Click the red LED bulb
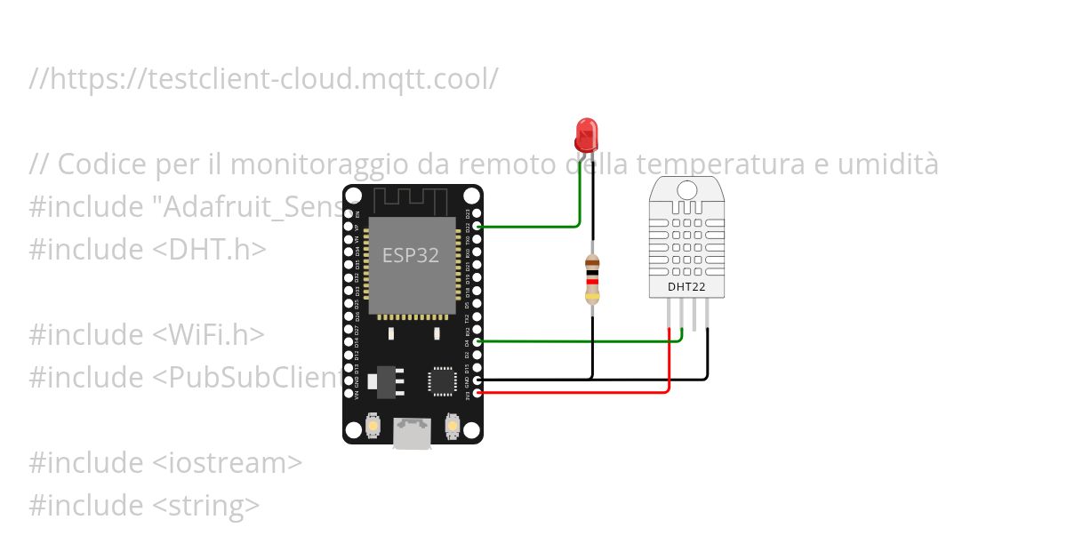[586, 134]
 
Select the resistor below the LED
[592, 277]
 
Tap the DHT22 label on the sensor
[686, 286]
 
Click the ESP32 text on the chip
[411, 255]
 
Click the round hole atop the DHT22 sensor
[686, 188]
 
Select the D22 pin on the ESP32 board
[479, 227]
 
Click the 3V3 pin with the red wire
[479, 392]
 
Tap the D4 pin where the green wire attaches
[479, 341]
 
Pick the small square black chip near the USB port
[441, 380]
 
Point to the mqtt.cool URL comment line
[263, 79]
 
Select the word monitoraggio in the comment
[338, 164]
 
